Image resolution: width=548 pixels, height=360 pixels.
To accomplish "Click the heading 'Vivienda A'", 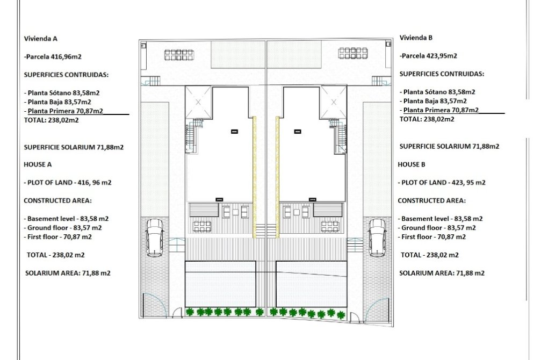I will (41, 39).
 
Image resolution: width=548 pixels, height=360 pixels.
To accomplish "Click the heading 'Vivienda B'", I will (416, 38).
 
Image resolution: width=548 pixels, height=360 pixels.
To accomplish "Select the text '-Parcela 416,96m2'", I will (53, 56).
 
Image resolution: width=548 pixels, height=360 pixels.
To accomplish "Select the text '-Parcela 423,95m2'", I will (428, 56).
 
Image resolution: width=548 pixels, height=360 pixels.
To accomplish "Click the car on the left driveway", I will (155, 237).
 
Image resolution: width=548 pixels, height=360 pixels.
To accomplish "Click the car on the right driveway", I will (377, 237).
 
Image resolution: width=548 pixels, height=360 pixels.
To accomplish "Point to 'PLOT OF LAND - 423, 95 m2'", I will (442, 183).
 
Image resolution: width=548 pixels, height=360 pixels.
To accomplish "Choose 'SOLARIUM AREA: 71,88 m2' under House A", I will (68, 273).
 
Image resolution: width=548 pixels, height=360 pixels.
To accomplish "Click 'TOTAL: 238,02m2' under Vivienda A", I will (52, 120).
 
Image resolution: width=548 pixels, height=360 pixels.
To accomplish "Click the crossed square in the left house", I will (198, 101).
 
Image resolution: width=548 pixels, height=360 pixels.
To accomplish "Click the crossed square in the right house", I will (333, 101).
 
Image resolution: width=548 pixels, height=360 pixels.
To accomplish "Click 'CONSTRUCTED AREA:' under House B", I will (431, 200).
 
